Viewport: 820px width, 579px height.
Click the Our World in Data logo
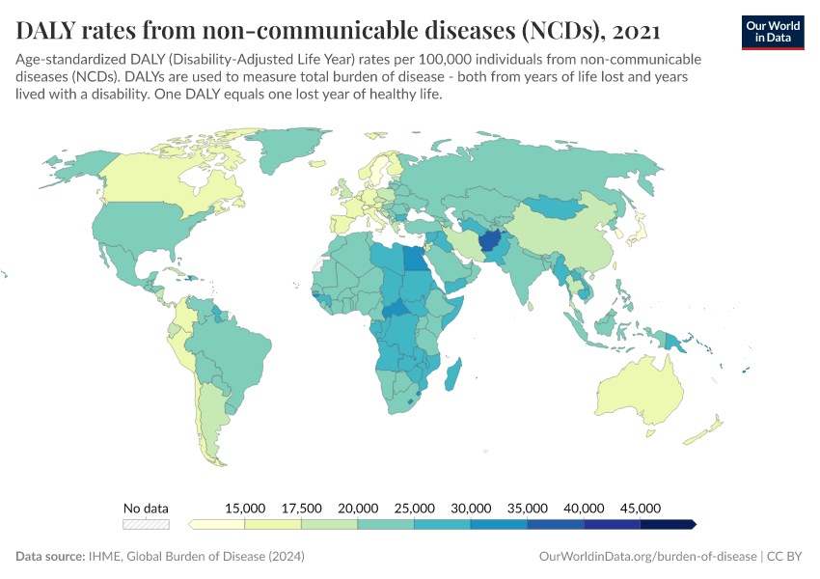pos(773,33)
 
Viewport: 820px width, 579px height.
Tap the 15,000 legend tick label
pos(245,508)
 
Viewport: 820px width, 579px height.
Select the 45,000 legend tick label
pos(641,508)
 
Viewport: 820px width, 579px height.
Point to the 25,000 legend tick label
pos(414,508)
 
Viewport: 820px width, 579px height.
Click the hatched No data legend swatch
pos(146,524)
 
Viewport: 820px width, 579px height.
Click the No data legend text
pos(146,508)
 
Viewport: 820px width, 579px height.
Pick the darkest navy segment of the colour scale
pos(668,524)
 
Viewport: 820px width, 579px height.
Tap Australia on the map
pos(642,391)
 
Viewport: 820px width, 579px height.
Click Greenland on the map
pos(285,148)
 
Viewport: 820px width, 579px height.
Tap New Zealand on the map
pos(703,430)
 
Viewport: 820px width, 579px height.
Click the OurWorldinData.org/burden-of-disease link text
pos(647,556)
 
